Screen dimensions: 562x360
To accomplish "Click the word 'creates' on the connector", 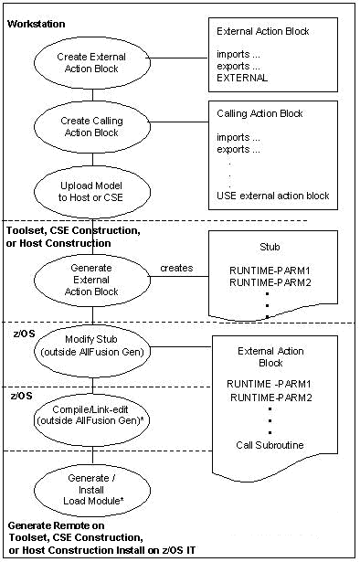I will (175, 268).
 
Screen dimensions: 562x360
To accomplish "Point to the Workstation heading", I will (36, 21).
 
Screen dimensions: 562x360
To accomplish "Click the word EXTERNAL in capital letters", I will (242, 78).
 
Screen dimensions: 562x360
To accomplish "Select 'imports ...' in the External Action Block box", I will (237, 54).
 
